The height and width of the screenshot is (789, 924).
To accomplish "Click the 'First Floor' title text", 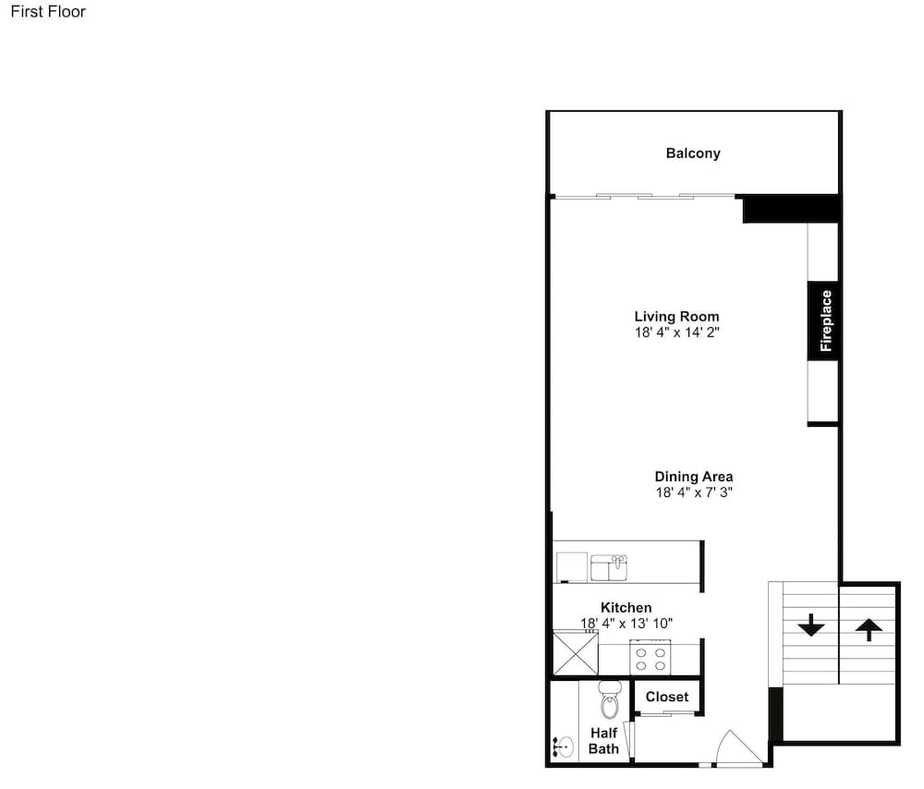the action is pos(48,12).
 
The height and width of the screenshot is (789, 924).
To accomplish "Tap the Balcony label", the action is pos(693,153).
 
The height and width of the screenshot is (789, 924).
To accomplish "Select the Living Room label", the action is pos(676,316).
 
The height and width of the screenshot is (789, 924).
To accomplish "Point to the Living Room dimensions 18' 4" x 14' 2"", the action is pos(676,333).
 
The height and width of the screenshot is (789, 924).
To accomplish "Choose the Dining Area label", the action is pos(694,477).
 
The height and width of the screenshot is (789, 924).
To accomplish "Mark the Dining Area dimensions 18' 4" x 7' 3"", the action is pos(694,492).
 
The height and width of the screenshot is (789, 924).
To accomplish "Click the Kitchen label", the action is pos(626,608).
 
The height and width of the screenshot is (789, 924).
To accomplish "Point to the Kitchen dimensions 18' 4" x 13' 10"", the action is pos(626,624).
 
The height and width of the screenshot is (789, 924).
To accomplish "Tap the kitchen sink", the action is pos(609,567).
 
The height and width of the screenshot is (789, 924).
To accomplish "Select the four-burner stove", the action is pos(650,658).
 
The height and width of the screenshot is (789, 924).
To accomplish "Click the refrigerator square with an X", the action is pos(576,652).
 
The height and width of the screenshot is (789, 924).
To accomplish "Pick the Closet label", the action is pos(667,698).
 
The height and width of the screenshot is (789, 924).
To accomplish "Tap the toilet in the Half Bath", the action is pos(609,699).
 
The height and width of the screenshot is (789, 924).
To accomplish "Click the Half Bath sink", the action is pos(564,747).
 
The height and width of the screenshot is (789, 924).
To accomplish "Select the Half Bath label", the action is pos(604,741).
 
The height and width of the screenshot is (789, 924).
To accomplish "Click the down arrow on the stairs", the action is pos(811,625).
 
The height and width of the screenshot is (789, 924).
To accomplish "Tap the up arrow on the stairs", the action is pos(869,629).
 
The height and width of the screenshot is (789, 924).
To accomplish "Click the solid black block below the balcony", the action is pos(791,209).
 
